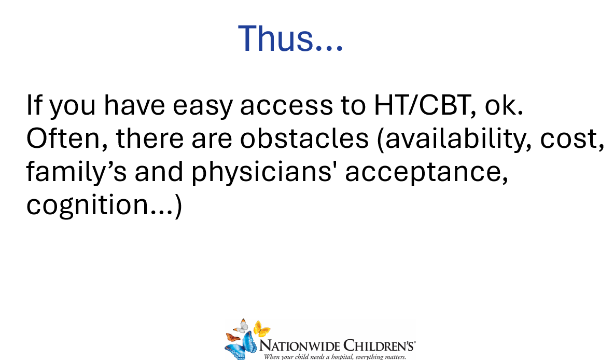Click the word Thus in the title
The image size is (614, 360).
click(276, 38)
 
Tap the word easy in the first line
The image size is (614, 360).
click(202, 106)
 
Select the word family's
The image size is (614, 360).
click(76, 172)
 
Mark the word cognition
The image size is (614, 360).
click(87, 205)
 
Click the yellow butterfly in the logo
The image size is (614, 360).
click(261, 328)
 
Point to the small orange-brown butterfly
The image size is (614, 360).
click(233, 337)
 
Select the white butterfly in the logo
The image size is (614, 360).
click(242, 326)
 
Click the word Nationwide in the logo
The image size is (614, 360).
click(300, 346)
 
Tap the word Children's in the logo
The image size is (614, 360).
click(379, 346)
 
